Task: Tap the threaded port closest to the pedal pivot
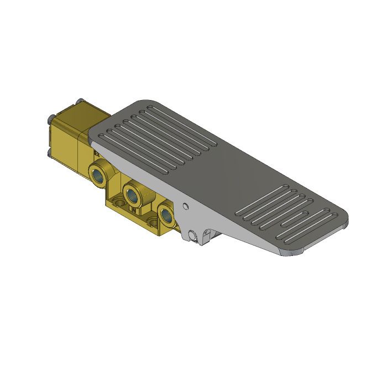click(x=165, y=214)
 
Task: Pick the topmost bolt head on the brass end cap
click(x=78, y=101)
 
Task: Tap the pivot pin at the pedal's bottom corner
click(x=192, y=236)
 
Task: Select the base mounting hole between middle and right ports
click(x=151, y=222)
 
